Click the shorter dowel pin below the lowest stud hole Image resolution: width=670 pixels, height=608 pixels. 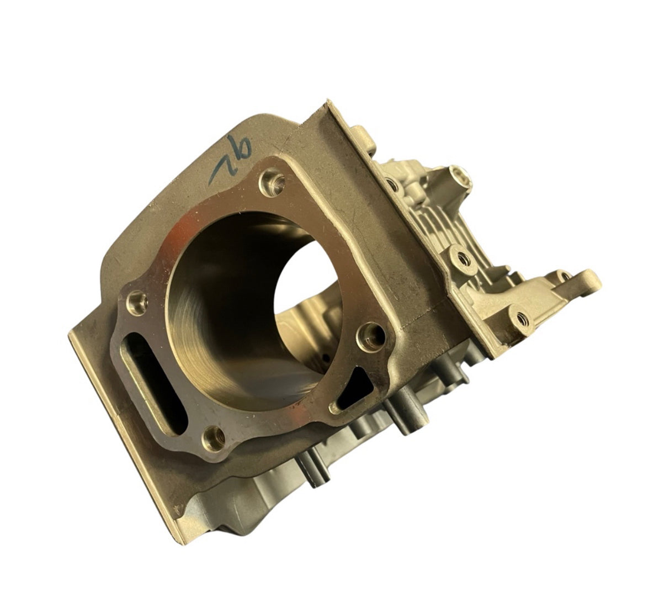pyautogui.click(x=311, y=472)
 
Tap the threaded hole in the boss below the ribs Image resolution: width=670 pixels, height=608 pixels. pyautogui.click(x=460, y=256)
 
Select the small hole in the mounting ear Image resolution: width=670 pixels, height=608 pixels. pyautogui.click(x=561, y=275)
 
